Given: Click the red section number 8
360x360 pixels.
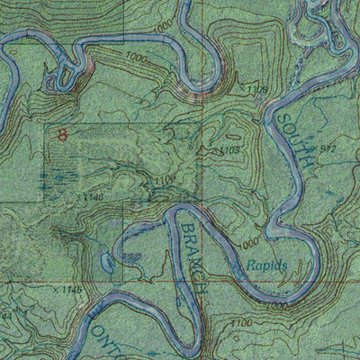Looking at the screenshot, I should [x=61, y=136].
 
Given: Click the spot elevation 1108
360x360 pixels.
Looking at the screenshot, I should [x=256, y=89].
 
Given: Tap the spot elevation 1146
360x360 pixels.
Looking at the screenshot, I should [x=93, y=195].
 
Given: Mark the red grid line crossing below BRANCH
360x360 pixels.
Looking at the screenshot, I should [x=203, y=306].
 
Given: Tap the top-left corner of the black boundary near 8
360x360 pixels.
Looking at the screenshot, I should [x=46, y=123].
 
